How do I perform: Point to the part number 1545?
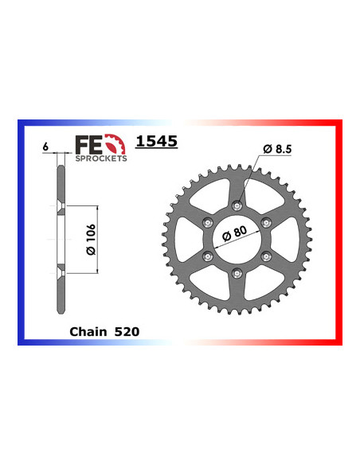click(x=156, y=142)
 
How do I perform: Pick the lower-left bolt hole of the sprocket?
click(x=208, y=256)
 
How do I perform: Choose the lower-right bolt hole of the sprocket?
click(x=267, y=256)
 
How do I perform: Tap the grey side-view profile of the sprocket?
click(x=59, y=239)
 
